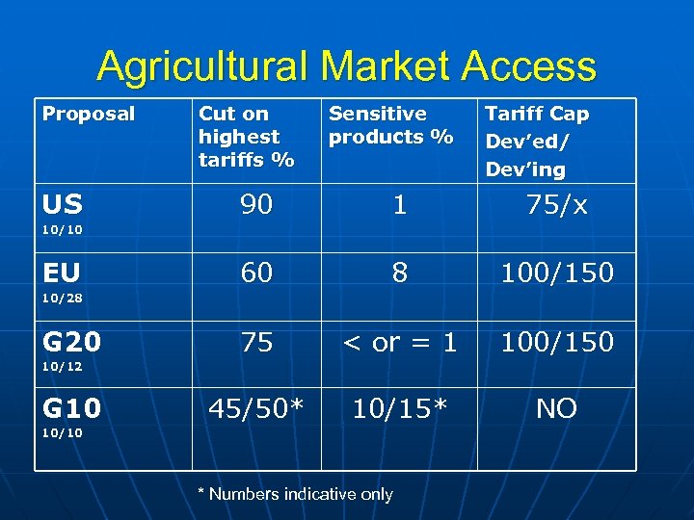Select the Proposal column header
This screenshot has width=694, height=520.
89,114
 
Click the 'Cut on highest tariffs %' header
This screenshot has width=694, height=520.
246,137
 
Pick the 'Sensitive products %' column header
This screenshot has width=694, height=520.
390,125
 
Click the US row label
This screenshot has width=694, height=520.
62,204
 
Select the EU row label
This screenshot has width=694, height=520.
61,273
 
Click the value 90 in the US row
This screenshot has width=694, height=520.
256,204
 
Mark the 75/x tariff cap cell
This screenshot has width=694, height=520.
556,204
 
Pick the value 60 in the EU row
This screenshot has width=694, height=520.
256,273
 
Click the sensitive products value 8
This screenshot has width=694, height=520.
399,273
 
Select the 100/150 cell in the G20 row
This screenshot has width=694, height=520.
556,342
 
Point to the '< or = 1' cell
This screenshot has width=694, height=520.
399,342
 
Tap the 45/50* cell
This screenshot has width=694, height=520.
256,409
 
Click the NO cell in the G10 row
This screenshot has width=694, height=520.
556,409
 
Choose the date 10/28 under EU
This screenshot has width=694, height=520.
61,298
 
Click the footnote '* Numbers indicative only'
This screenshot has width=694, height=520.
295,494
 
